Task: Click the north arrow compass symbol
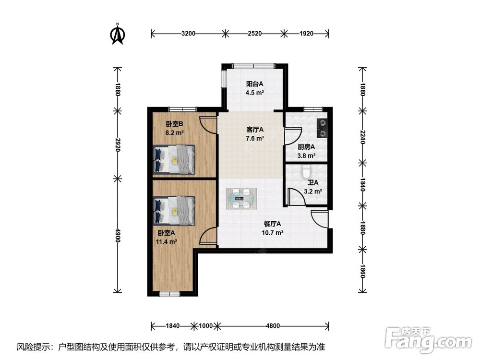(x=117, y=34)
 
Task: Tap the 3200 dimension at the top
(x=188, y=34)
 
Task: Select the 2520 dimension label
(x=255, y=34)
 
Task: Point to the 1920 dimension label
(x=306, y=34)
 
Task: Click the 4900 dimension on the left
(x=117, y=235)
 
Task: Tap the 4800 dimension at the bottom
(x=273, y=326)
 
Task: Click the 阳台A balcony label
(x=255, y=84)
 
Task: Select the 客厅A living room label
(x=255, y=130)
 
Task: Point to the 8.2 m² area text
(x=175, y=133)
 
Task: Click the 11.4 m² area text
(x=167, y=242)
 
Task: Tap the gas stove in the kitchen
(x=322, y=128)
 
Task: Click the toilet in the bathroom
(x=306, y=172)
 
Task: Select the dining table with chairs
(x=241, y=199)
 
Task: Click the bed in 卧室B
(x=174, y=159)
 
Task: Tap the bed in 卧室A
(x=174, y=211)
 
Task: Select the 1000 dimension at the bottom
(x=206, y=326)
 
